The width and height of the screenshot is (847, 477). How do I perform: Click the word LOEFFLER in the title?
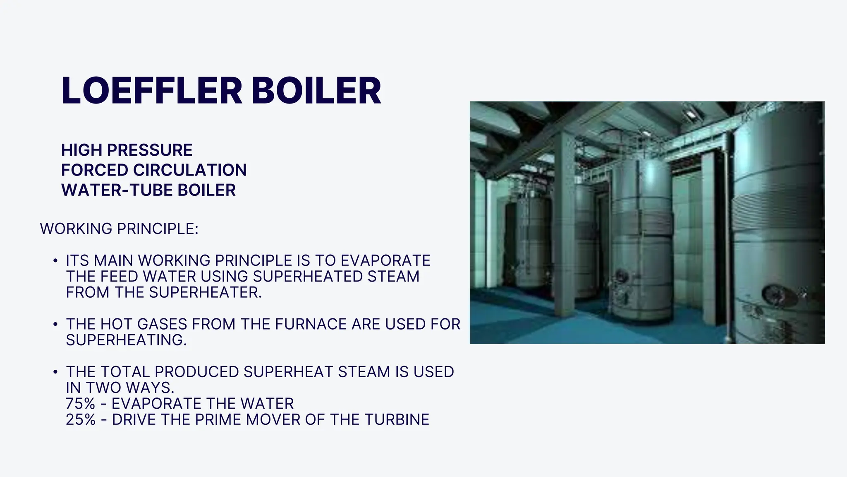[x=151, y=91]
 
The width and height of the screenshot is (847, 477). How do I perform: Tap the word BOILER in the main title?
[x=316, y=91]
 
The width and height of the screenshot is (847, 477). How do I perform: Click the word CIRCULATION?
[x=190, y=170]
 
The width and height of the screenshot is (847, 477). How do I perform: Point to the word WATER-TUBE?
[x=117, y=190]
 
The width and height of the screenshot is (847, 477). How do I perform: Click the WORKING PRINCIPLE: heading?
[x=119, y=229]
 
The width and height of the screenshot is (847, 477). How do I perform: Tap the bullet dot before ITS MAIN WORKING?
[x=55, y=261]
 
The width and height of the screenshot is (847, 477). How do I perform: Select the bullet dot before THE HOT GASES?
[x=55, y=324]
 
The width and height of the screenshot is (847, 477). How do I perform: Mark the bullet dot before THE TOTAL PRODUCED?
[x=55, y=372]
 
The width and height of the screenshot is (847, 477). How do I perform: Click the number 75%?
[x=81, y=404]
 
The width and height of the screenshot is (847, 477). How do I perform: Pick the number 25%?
[x=81, y=419]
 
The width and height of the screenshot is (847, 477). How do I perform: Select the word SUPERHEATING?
[x=126, y=340]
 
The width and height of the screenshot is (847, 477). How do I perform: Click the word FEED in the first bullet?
[x=120, y=277]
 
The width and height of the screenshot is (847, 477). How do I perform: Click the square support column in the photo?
[x=565, y=224]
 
